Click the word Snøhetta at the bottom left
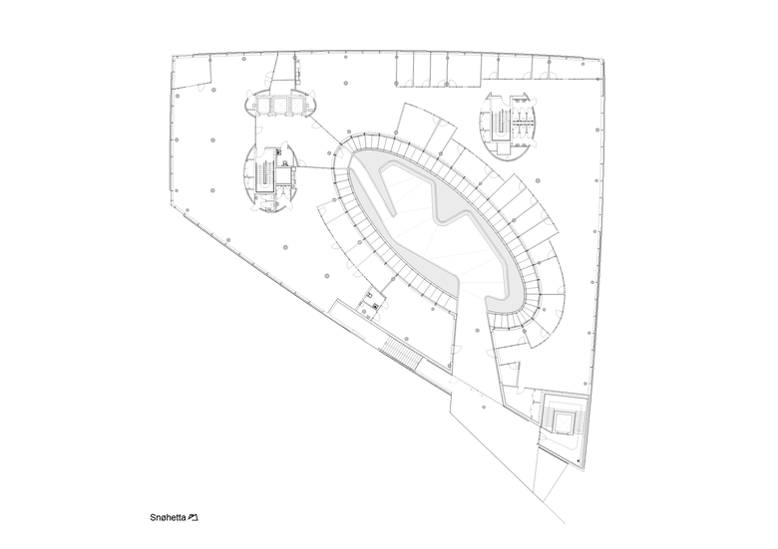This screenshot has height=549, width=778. coord(168,518)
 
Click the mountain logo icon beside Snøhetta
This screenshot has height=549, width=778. coord(194,518)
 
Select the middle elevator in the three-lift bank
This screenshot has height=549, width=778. coord(279,104)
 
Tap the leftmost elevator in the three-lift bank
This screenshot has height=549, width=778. coord(262,104)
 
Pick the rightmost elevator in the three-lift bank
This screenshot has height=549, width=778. coord(296,104)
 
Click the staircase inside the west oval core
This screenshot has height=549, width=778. coord(264,176)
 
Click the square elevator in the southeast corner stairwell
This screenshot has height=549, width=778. coord(563,421)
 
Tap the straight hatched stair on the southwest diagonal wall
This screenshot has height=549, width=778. coord(401,352)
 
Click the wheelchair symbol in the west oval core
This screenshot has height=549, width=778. coord(286,163)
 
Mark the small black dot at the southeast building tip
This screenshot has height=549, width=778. coord(579,461)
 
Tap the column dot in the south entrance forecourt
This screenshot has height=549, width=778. coord(484,408)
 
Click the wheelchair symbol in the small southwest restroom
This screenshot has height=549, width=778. coord(376,306)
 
